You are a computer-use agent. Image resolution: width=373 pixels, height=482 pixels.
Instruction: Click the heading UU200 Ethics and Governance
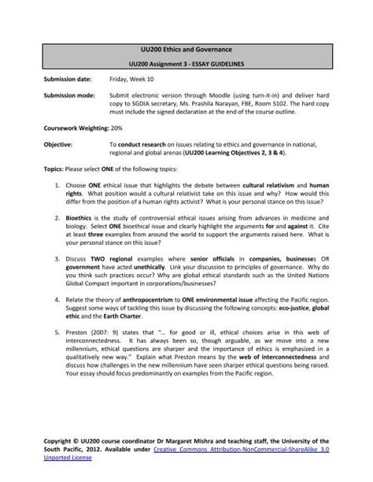pyautogui.click(x=186, y=51)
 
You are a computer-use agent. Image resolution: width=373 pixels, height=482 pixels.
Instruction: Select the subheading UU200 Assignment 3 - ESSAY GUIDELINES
pyautogui.click(x=186, y=65)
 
